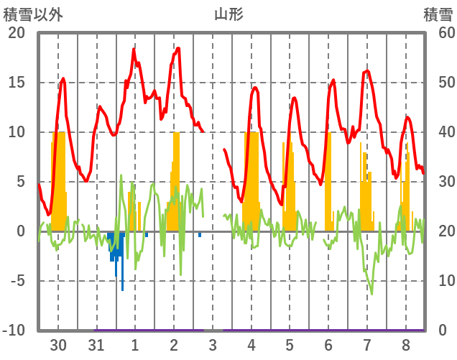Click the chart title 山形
(228, 14)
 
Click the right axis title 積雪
(437, 14)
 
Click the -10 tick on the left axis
(15, 331)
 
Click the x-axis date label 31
(96, 344)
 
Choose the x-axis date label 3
(213, 344)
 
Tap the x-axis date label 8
(406, 344)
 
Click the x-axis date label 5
(290, 344)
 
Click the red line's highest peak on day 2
(178, 48)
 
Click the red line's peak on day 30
(63, 79)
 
